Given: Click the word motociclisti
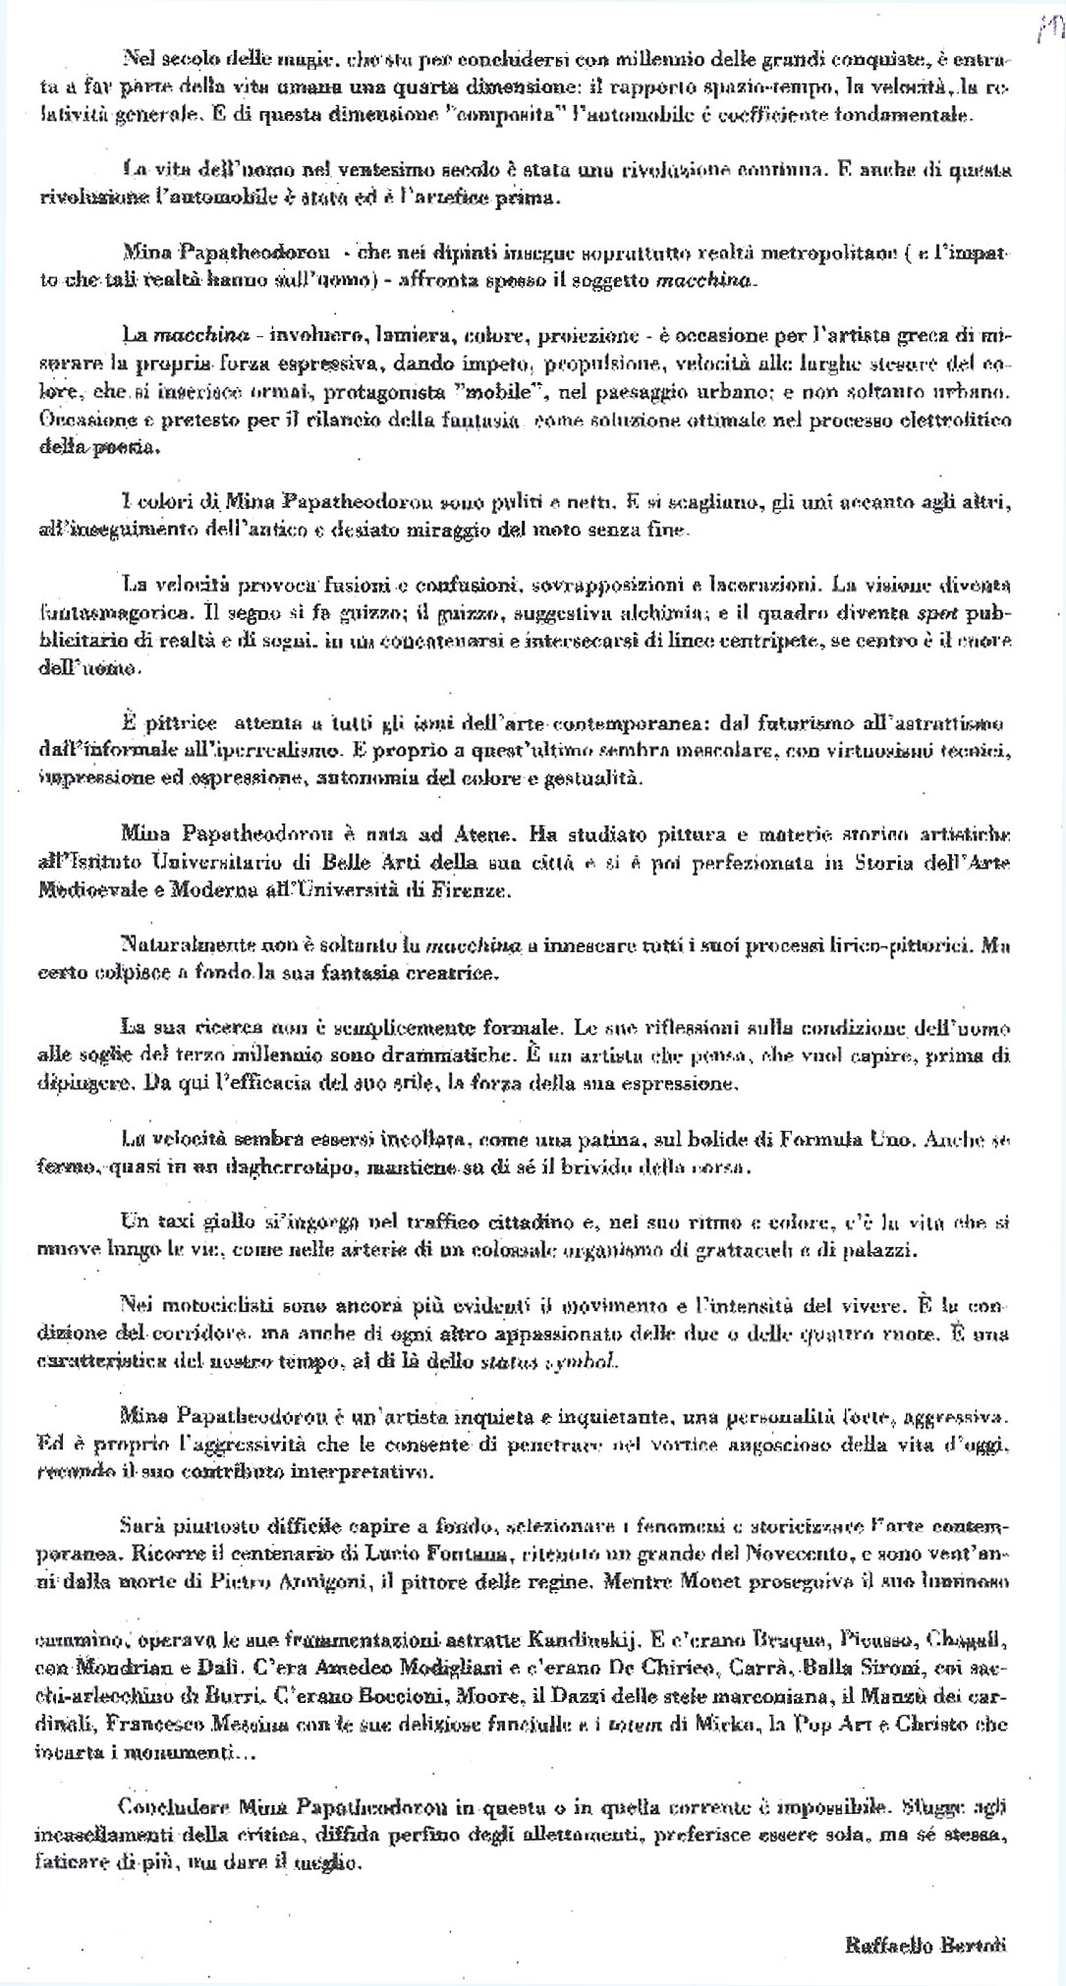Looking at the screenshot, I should coord(206,1307).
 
